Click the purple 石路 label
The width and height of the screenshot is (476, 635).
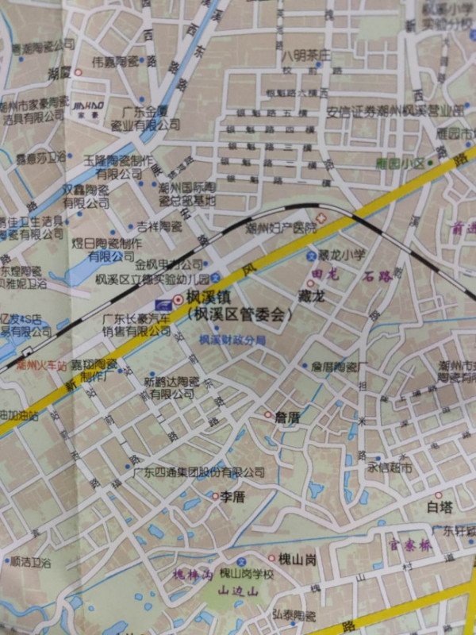378,277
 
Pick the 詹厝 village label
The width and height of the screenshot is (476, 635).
286,415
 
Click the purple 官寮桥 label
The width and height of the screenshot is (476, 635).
409,546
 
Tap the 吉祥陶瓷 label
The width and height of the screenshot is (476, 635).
159,226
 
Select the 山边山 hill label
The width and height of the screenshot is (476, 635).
239,591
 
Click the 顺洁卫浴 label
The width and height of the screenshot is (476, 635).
29,561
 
